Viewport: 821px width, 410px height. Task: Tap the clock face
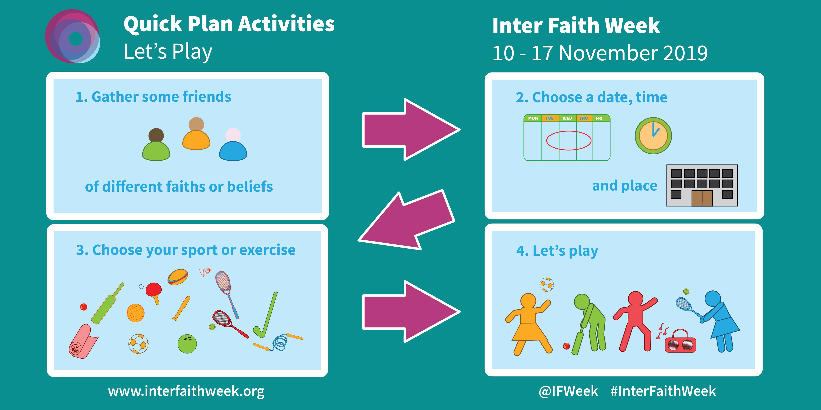click(x=653, y=136)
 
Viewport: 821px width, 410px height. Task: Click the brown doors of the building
click(x=702, y=198)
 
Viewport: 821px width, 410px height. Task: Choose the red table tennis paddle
click(x=154, y=290)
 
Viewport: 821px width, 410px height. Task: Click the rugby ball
click(x=178, y=277)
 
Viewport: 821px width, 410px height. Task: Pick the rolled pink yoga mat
click(x=82, y=342)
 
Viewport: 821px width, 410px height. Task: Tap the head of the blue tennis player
click(x=713, y=299)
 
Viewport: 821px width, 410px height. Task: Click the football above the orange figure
click(x=546, y=285)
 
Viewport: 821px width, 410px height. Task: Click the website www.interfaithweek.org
click(x=186, y=391)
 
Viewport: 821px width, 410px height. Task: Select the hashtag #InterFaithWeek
click(x=663, y=391)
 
